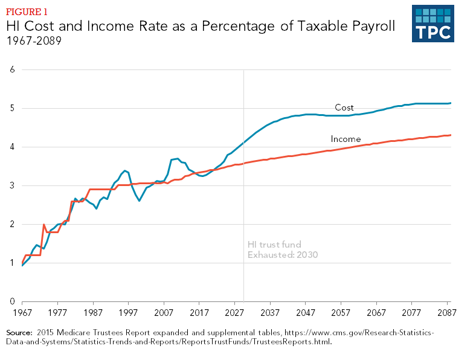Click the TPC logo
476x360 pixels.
pos(433,24)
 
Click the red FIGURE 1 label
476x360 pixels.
pos(28,12)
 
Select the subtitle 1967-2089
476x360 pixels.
pos(34,41)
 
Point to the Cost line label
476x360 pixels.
pos(344,108)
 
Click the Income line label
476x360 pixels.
pos(346,139)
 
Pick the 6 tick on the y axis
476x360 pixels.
pos(13,69)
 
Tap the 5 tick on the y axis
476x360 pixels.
pos(13,108)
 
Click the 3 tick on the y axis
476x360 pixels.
pos(13,185)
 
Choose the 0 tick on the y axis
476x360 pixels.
pos(13,301)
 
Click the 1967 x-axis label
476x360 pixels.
pos(22,313)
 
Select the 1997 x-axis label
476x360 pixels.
pos(129,313)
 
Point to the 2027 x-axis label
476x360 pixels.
pos(235,313)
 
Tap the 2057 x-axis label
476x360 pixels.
pos(341,313)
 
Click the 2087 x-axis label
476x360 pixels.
pos(448,313)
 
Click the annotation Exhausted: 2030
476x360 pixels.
pos(283,255)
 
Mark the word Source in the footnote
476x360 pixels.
pos(19,333)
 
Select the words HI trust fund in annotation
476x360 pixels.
pos(274,244)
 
